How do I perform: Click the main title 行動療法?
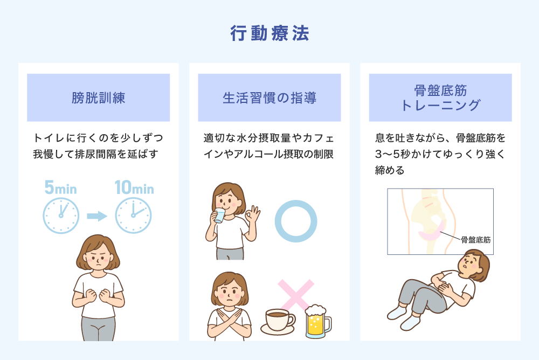[x=269, y=33]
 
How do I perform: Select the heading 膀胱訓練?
[x=98, y=98]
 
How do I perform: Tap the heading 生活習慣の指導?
[x=269, y=98]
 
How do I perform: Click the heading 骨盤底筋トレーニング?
[x=440, y=98]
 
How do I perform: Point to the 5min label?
[x=60, y=188]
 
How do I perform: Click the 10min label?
[x=134, y=188]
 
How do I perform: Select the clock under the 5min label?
[x=61, y=216]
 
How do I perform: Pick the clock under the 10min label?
[x=133, y=216]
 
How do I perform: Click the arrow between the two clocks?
[x=97, y=216]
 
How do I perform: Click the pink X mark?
[x=295, y=296]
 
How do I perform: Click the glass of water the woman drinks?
[x=219, y=216]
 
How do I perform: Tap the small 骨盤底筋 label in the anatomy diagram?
[x=476, y=240]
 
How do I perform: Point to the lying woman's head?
[x=474, y=264]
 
